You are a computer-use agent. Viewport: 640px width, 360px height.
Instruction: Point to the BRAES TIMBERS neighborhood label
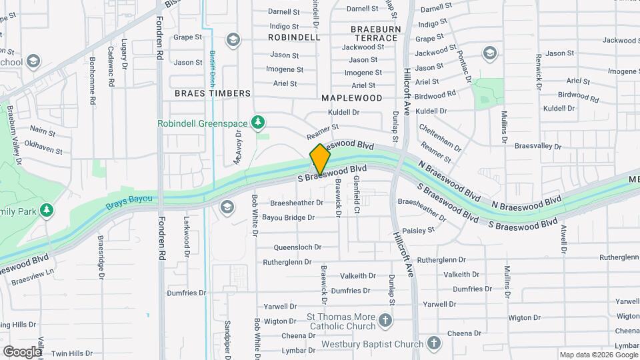point(213,94)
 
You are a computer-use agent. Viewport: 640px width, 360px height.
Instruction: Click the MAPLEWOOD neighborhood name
point(352,98)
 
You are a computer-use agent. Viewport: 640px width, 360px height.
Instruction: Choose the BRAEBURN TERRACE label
point(374,33)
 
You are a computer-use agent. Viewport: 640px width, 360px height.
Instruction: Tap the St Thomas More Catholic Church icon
point(385,321)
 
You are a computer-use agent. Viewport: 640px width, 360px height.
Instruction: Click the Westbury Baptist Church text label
point(372,345)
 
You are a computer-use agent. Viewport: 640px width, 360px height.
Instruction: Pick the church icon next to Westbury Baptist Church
point(433,344)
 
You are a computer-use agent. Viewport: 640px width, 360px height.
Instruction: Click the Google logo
point(22,351)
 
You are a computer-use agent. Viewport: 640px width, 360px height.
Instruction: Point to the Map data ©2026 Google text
point(598,355)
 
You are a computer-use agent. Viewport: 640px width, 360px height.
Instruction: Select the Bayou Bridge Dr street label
point(288,217)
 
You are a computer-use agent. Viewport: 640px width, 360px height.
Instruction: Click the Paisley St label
point(418,229)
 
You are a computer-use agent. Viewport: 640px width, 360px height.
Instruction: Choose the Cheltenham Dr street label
point(440,136)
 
